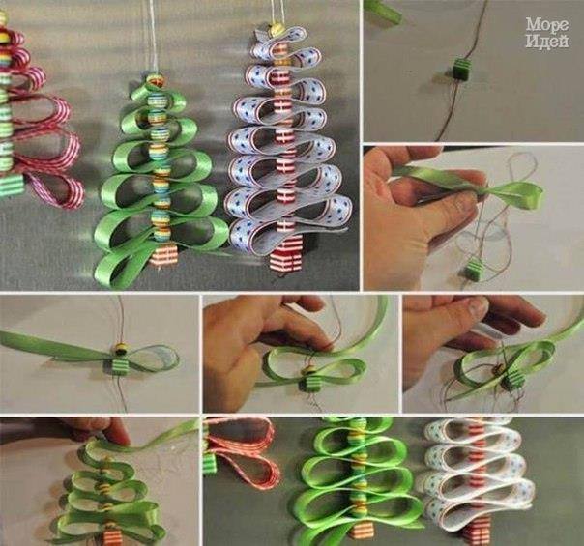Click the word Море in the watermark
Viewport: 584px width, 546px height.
[x=547, y=25]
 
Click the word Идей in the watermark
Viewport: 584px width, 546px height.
[x=547, y=41]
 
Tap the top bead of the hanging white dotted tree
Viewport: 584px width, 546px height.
[x=277, y=28]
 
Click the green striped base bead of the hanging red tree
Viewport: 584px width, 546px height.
[x=13, y=186]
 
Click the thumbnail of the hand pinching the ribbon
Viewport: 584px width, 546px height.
[x=474, y=217]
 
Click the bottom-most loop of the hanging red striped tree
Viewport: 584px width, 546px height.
[x=56, y=185]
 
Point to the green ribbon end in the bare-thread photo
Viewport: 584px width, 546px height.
[x=384, y=12]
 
